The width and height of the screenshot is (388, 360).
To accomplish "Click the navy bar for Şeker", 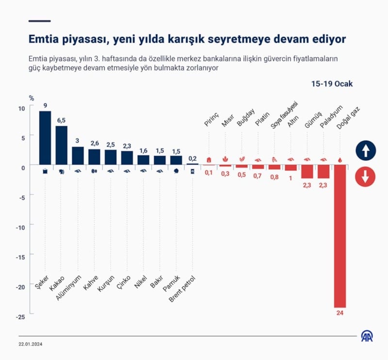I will [x=45, y=138].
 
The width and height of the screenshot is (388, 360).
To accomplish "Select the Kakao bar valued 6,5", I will [x=62, y=145].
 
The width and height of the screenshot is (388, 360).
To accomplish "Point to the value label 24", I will [x=340, y=313].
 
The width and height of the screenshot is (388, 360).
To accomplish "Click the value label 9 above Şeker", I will [x=45, y=106].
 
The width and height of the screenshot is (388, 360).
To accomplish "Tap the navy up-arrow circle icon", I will [x=365, y=150].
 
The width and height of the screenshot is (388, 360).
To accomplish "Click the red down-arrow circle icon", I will [x=365, y=177].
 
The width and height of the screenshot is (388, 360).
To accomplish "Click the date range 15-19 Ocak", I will [x=332, y=83].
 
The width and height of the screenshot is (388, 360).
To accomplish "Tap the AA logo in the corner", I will [x=366, y=336].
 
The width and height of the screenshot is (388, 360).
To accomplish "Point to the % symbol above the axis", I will [x=32, y=98].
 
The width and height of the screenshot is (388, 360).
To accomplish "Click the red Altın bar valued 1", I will [x=291, y=167].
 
